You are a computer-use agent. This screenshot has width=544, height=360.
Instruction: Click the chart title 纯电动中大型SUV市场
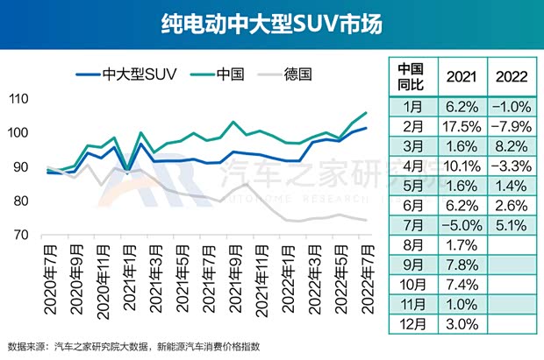click(x=271, y=24)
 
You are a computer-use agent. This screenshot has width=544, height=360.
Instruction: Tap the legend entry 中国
click(x=232, y=72)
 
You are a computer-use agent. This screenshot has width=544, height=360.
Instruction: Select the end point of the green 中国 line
click(x=366, y=113)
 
